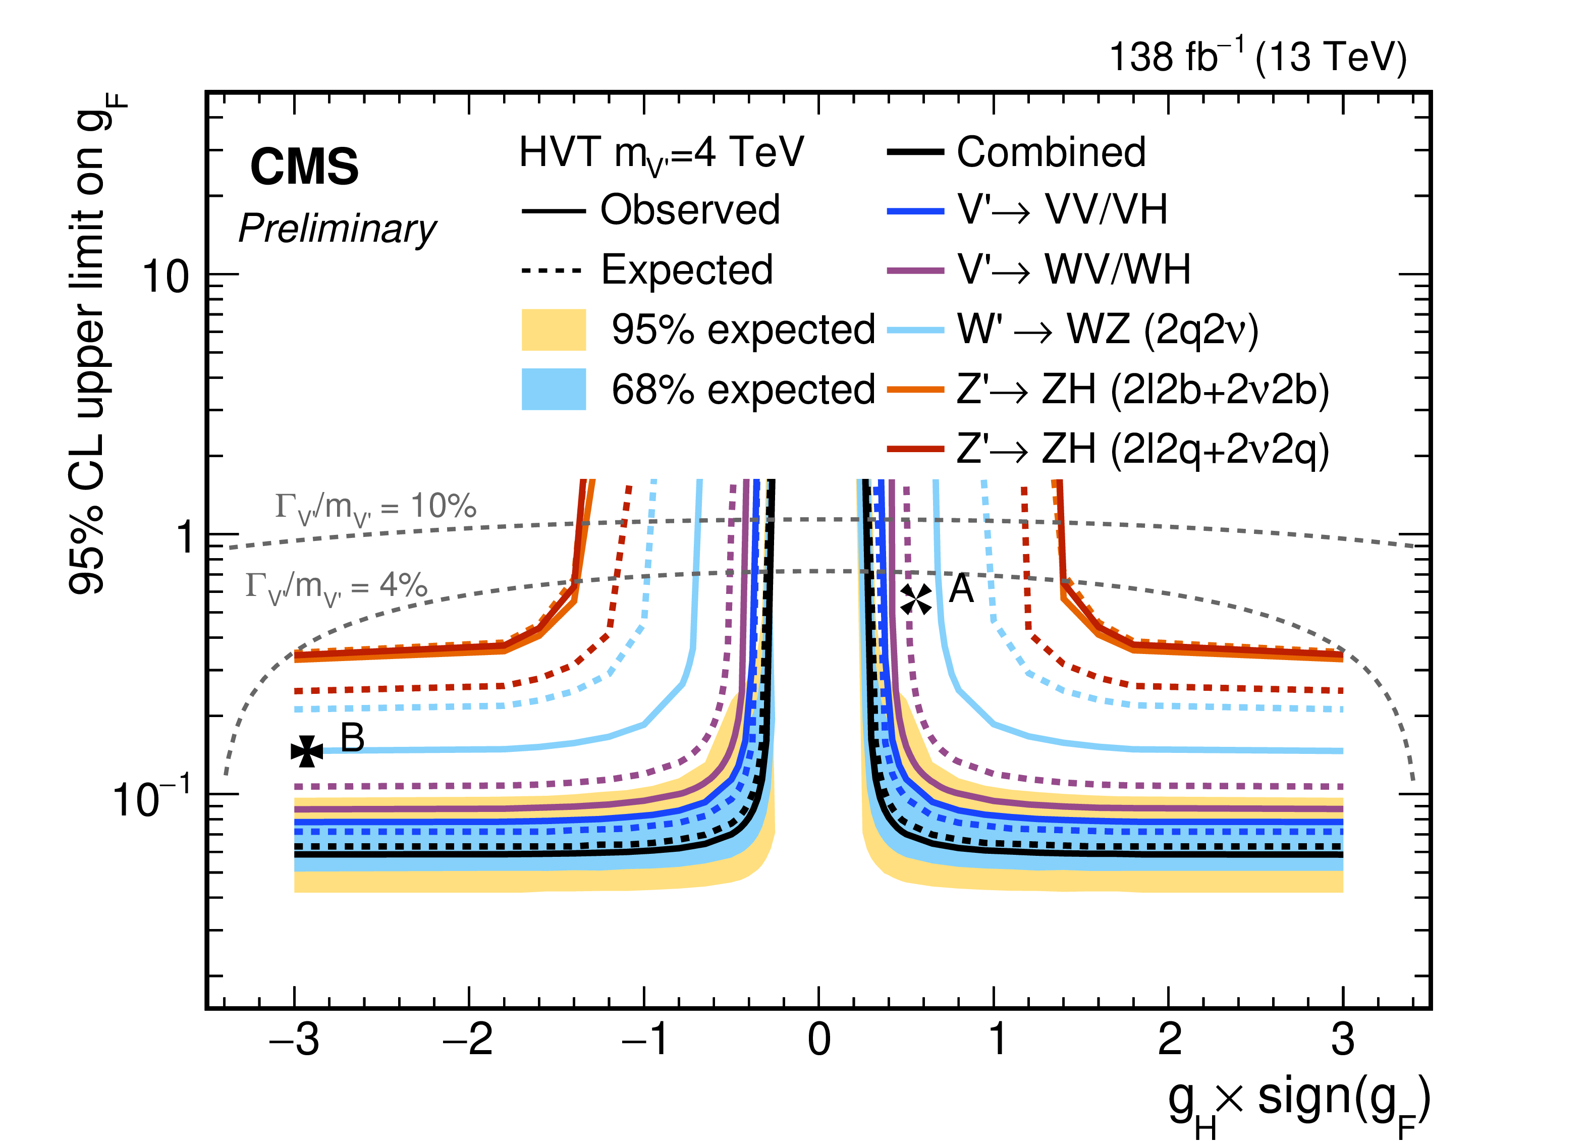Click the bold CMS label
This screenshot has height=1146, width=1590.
[x=304, y=167]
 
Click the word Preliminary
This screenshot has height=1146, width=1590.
[x=337, y=229]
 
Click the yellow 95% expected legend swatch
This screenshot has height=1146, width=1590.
[x=553, y=330]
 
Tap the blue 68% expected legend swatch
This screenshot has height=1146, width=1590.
[x=553, y=389]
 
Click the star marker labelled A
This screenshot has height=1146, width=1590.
[x=915, y=599]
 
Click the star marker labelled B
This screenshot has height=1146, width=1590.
[x=307, y=751]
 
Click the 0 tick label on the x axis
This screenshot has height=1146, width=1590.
[x=819, y=1040]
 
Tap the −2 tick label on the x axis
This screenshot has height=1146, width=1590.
[x=468, y=1040]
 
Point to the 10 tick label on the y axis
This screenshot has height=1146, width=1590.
[x=166, y=276]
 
